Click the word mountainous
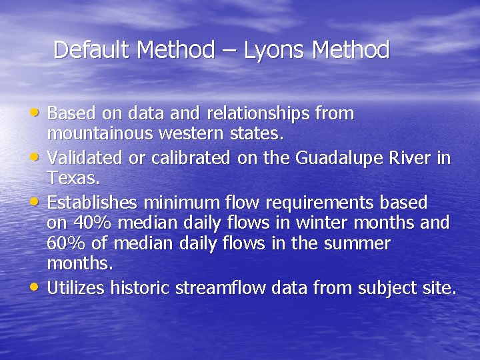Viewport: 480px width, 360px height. (101, 134)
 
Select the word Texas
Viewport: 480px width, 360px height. (65, 179)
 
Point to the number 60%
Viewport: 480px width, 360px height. (65, 244)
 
